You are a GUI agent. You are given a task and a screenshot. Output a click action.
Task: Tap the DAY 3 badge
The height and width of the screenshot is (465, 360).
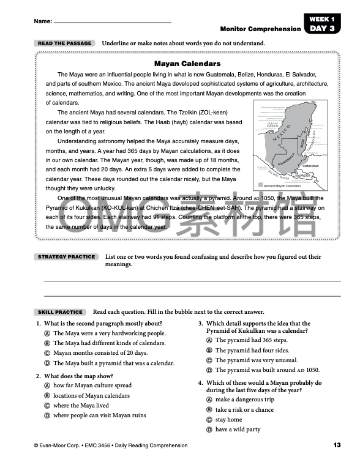tap(322, 28)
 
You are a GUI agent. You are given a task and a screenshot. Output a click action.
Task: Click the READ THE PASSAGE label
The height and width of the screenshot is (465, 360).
tap(64, 43)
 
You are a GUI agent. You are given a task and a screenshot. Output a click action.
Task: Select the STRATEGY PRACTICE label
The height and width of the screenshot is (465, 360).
tap(67, 257)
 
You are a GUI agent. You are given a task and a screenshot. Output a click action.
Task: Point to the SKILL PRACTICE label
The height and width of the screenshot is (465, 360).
tap(59, 311)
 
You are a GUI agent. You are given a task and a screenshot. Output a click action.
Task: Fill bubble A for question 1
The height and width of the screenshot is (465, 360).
tap(47, 333)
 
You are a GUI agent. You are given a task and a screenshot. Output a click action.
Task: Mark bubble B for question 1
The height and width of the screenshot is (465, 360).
tap(47, 343)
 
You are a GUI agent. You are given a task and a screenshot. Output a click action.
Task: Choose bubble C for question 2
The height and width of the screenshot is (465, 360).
tap(47, 406)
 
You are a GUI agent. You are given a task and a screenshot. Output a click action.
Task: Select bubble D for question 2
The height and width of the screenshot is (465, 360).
tap(47, 415)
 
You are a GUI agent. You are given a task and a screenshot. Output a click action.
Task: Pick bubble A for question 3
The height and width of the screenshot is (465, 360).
tap(209, 340)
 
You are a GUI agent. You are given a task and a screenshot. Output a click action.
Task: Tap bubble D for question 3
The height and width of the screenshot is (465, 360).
tap(209, 370)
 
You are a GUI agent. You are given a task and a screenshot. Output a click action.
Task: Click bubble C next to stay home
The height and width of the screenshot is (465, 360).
tap(209, 420)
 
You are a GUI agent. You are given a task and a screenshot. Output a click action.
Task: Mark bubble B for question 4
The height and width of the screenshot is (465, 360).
tap(209, 410)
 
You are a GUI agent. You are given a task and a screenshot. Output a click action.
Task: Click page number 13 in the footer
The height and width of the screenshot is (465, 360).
tap(337, 445)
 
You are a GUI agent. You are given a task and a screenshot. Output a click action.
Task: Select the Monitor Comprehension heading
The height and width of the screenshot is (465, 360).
tap(260, 29)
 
